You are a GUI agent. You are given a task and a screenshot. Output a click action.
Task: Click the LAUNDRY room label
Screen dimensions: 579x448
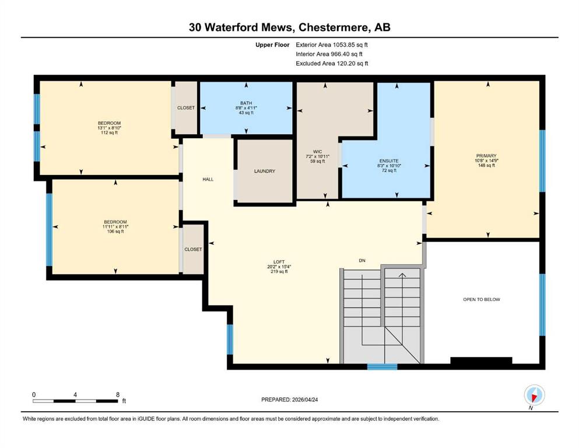tap(264, 171)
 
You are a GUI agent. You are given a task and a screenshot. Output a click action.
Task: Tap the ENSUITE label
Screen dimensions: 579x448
tap(389, 161)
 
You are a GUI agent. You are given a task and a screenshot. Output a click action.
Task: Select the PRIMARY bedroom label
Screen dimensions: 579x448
tap(486, 156)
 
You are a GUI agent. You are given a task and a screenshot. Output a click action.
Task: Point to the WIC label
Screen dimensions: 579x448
tap(318, 152)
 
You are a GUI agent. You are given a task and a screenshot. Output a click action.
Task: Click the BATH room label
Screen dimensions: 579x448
tap(246, 103)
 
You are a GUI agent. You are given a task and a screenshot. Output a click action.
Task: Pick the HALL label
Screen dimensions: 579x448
tap(208, 179)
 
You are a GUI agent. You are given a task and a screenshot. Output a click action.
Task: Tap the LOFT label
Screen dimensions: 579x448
tap(279, 262)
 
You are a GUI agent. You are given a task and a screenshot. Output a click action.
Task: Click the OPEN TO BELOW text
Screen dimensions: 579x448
tap(482, 299)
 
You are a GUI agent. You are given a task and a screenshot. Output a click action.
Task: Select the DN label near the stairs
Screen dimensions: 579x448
tap(362, 260)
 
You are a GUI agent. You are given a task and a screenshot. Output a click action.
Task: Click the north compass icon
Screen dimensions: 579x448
tap(534, 395)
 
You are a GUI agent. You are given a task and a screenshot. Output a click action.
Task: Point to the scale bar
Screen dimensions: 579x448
tap(75, 401)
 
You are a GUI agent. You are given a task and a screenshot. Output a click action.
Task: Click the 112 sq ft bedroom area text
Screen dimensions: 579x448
tap(109, 132)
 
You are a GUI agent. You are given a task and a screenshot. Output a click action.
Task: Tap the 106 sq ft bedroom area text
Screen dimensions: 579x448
tap(115, 232)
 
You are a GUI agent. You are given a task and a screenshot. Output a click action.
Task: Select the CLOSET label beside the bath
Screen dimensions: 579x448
tap(186, 108)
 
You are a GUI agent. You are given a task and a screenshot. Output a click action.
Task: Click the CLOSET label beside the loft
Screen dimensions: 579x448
tap(193, 249)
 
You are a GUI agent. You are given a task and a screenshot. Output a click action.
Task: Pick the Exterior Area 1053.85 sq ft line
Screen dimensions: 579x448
tap(332, 45)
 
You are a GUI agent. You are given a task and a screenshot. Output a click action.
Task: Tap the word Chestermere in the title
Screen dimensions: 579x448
tap(334, 27)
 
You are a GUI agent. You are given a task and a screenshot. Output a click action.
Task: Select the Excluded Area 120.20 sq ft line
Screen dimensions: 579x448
tap(332, 63)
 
